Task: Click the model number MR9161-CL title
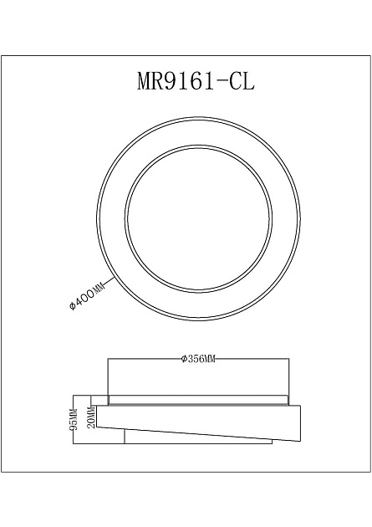(x=195, y=81)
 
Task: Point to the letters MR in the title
(x=151, y=81)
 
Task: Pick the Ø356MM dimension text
(x=198, y=359)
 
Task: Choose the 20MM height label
(x=91, y=416)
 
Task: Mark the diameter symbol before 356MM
(x=183, y=359)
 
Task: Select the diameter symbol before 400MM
(x=73, y=308)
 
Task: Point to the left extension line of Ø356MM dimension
(x=109, y=376)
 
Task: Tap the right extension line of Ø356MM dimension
(x=289, y=376)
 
